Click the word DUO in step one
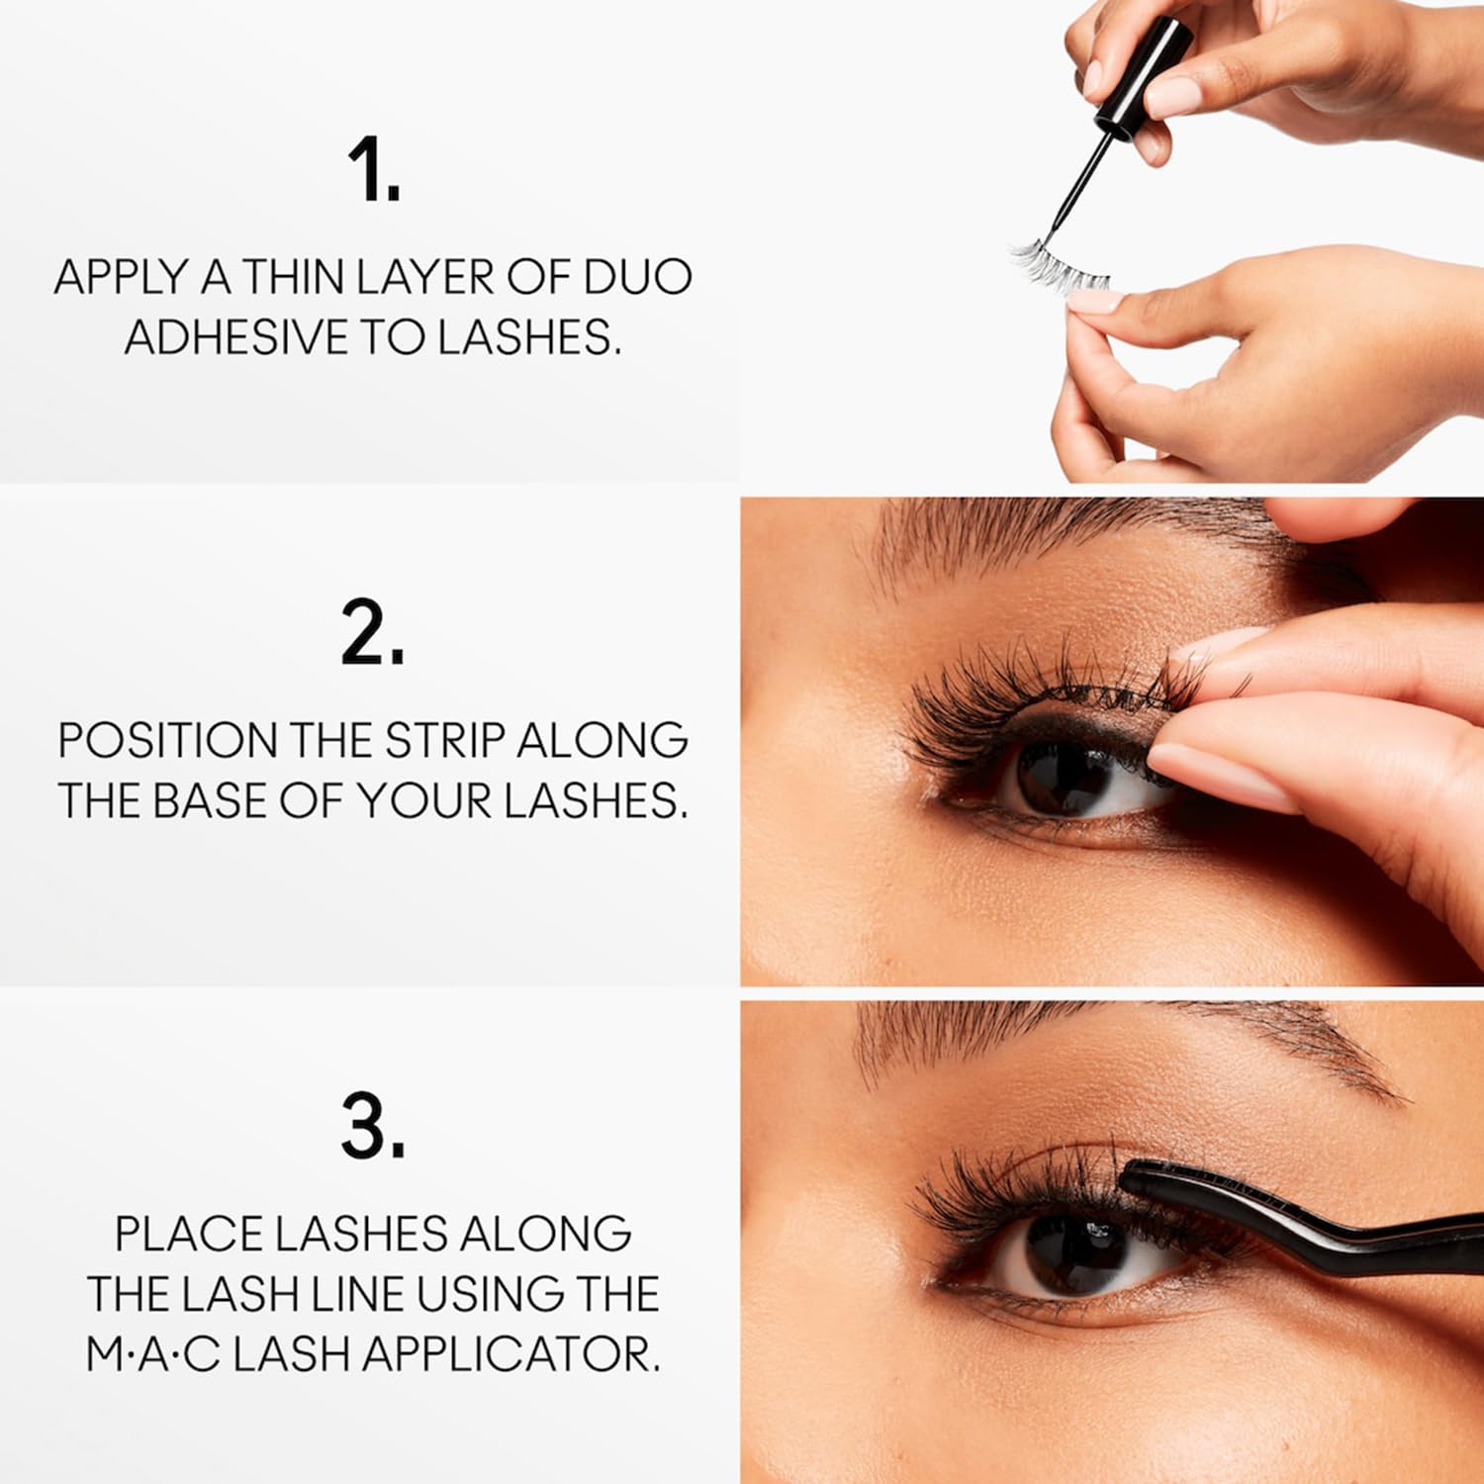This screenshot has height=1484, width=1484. pyautogui.click(x=637, y=277)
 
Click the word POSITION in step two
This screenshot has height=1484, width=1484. pyautogui.click(x=166, y=740)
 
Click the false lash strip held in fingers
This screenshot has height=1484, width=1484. pyautogui.click(x=1059, y=264)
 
